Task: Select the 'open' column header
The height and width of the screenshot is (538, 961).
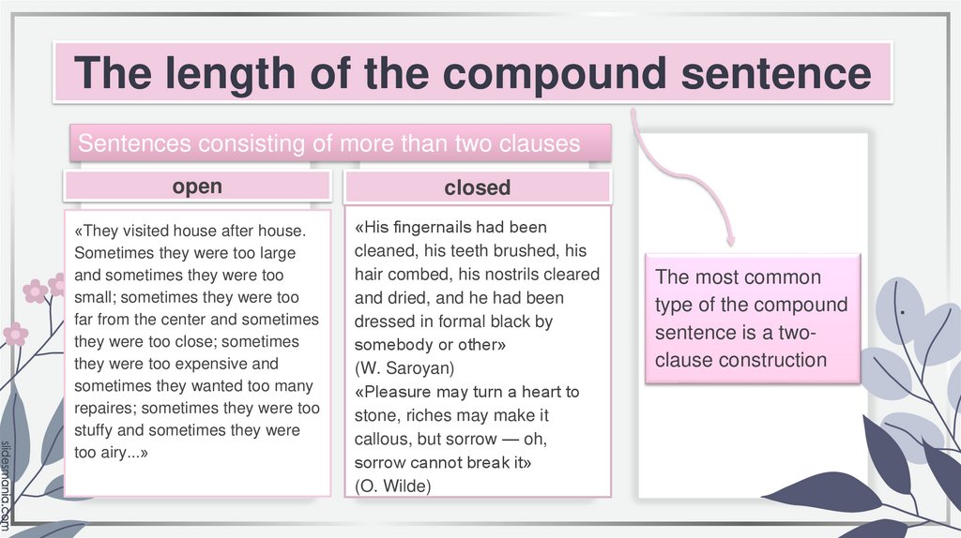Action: tap(197, 186)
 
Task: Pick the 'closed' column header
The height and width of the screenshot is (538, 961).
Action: tap(477, 187)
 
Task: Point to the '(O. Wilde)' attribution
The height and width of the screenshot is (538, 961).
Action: tap(392, 485)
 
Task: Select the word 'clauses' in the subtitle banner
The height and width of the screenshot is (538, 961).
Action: tap(542, 143)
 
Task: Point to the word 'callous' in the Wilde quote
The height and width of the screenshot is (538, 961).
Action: tap(383, 439)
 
